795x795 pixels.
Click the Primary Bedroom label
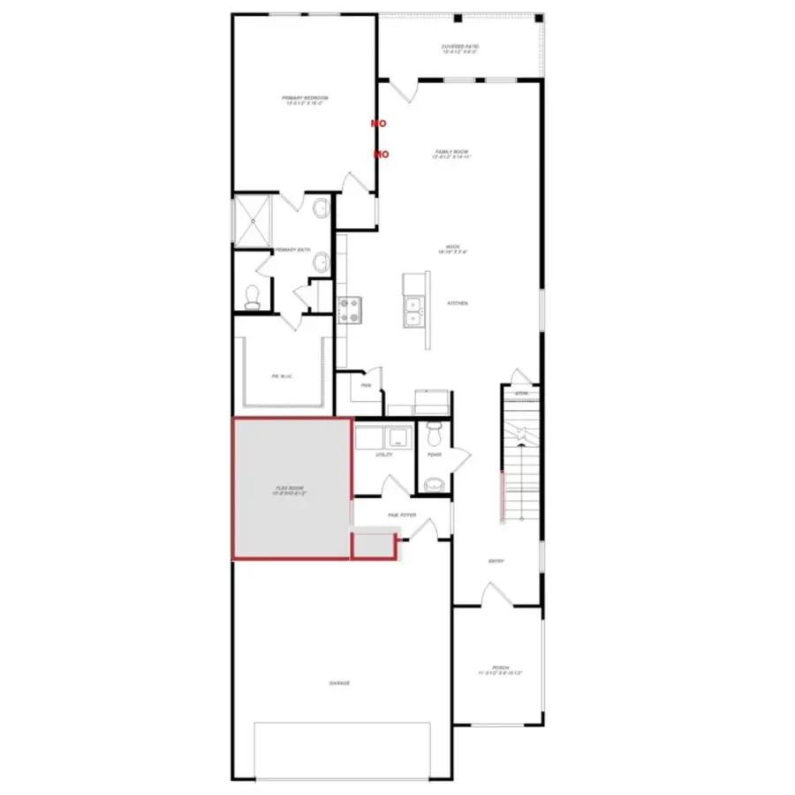tap(305, 99)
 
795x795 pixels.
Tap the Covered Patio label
tap(458, 49)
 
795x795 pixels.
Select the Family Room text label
tap(450, 154)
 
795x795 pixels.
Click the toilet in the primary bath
tap(253, 297)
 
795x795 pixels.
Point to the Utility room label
tap(383, 456)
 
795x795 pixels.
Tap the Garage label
tap(339, 684)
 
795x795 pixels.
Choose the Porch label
tap(501, 670)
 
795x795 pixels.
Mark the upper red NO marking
tap(378, 125)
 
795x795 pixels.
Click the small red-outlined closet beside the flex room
tap(373, 546)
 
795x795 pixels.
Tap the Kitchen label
tap(457, 303)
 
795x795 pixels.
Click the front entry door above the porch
tap(496, 595)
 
